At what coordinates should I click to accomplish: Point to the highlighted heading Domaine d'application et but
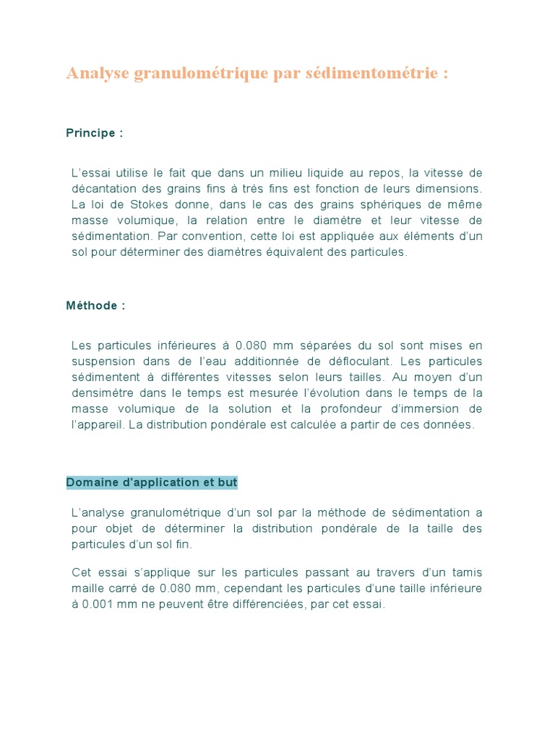pyautogui.click(x=152, y=482)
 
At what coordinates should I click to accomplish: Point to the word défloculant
pyautogui.click(x=356, y=361)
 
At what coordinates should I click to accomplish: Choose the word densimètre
pyautogui.click(x=103, y=393)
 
